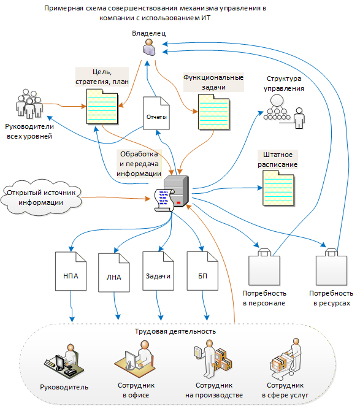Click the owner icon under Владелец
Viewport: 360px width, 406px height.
tap(149, 47)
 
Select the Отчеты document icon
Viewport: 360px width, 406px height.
tap(156, 113)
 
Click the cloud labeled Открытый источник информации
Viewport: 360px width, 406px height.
tap(41, 197)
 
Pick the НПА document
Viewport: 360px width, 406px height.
tap(71, 271)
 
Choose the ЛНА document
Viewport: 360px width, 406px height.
tap(114, 272)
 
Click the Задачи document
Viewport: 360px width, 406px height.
tap(158, 271)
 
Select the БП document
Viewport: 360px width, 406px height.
tap(202, 271)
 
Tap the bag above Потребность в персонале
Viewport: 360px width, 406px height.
tap(264, 267)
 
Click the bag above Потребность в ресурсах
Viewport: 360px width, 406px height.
tap(332, 267)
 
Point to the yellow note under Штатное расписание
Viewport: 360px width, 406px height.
tap(278, 188)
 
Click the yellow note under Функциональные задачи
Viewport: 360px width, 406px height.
tap(214, 112)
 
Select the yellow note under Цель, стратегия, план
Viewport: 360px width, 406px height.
tap(102, 107)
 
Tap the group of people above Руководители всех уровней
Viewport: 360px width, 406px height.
tap(29, 104)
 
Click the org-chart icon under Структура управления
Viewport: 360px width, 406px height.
tap(284, 112)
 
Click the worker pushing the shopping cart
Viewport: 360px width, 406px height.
tap(286, 359)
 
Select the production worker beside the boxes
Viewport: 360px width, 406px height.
tap(213, 359)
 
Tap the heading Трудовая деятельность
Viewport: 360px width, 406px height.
tap(175, 331)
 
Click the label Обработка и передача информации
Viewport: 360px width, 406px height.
tap(139, 164)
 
